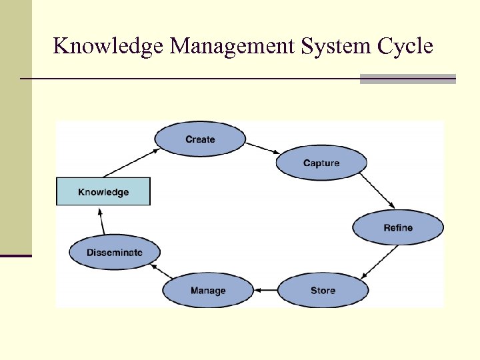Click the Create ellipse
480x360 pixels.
coord(200,139)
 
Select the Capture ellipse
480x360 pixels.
coord(321,163)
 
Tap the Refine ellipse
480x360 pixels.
coord(398,228)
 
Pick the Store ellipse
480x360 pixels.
coord(323,291)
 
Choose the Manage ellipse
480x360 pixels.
coord(208,291)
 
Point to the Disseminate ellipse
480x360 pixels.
coord(115,253)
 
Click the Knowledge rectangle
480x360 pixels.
coord(103,192)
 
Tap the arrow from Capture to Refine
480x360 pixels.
coord(378,193)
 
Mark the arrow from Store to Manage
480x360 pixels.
coord(265,291)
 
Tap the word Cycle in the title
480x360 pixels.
coord(405,46)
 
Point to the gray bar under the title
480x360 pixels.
coord(407,79)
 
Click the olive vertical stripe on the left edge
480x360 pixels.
coord(15,127)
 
